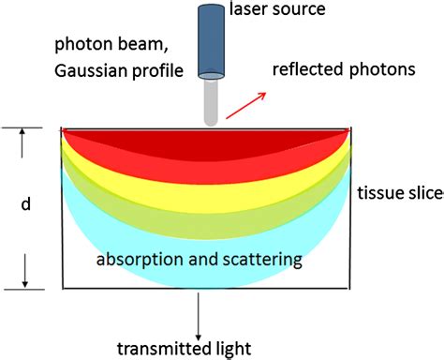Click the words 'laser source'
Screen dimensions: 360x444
click(x=277, y=12)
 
